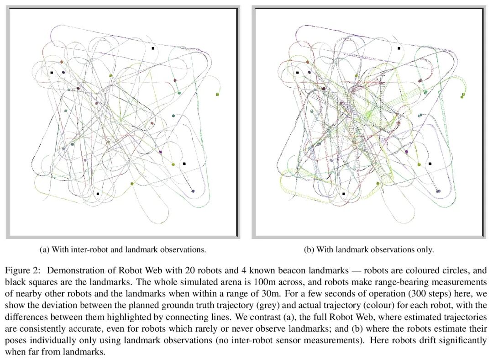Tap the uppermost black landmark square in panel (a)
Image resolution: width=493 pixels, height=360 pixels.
click(153, 48)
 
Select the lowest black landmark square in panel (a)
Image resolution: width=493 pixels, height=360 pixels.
click(98, 194)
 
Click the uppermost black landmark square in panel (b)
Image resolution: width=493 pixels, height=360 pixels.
click(399, 48)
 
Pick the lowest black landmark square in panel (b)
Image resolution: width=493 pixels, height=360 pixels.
click(343, 194)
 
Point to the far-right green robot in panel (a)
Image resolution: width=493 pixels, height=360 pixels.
click(217, 95)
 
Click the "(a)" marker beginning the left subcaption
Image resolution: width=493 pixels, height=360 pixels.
click(45, 249)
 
